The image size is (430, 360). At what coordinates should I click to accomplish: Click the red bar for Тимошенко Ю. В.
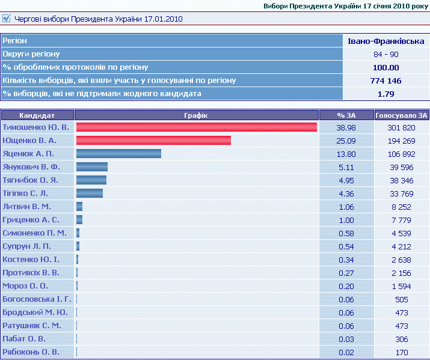(x=196, y=127)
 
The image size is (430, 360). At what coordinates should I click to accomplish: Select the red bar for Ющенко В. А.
(x=153, y=141)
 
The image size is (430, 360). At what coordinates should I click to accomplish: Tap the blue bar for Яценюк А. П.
(x=118, y=154)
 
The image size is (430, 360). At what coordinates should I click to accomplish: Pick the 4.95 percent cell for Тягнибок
(x=346, y=180)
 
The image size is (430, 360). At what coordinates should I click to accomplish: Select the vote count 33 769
(x=401, y=194)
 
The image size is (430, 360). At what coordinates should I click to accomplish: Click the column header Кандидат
(x=37, y=115)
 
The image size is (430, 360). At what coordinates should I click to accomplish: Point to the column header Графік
(x=196, y=115)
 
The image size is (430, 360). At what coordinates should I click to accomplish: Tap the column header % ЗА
(x=346, y=115)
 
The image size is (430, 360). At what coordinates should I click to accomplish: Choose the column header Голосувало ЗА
(x=401, y=115)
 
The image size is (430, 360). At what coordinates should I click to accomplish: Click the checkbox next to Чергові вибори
(x=7, y=19)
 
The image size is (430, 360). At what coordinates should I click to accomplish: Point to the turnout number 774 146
(x=386, y=81)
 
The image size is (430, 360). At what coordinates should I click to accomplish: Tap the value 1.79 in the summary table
(x=386, y=94)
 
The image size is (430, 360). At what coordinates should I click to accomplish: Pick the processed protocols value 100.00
(x=386, y=67)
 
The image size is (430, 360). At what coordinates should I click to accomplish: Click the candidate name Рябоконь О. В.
(x=31, y=352)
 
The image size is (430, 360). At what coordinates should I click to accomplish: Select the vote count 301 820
(x=401, y=127)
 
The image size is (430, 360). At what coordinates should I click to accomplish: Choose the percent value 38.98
(x=346, y=127)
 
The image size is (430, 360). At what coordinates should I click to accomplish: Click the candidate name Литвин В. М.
(x=27, y=207)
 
